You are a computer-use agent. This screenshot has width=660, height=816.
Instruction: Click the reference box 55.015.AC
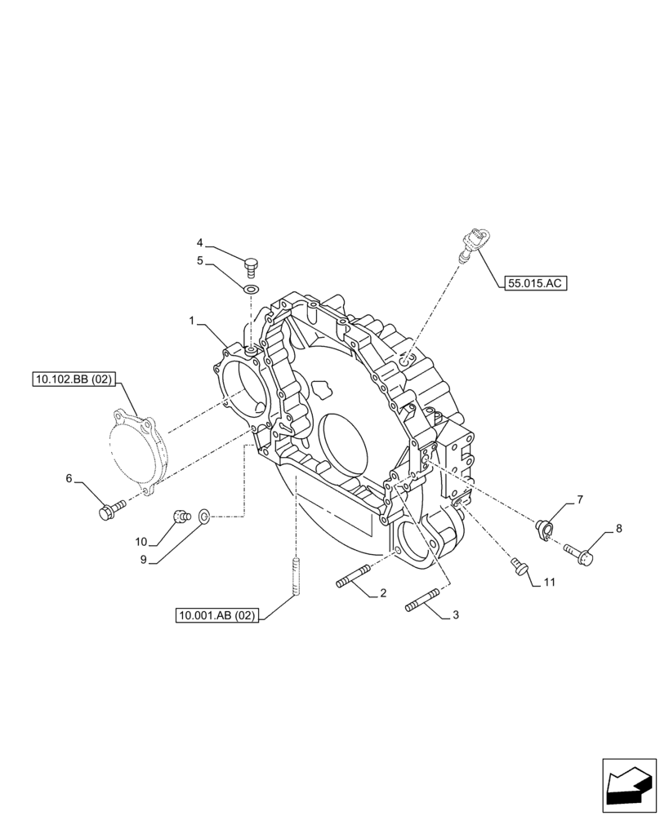click(535, 283)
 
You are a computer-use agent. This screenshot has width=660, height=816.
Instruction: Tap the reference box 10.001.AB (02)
click(216, 616)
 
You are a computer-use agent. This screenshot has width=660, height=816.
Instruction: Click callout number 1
click(192, 322)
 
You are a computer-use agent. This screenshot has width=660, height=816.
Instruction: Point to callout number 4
click(199, 242)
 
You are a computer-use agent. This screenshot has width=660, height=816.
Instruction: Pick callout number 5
click(199, 261)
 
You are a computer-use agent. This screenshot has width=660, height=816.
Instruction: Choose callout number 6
click(69, 478)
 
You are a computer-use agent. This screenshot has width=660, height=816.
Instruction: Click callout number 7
click(579, 499)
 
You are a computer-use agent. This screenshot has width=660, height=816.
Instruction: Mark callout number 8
click(618, 529)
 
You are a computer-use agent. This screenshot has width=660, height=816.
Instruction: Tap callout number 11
click(549, 582)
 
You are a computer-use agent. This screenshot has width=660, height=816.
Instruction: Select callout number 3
click(455, 614)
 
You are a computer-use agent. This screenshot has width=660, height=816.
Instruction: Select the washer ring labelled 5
click(251, 287)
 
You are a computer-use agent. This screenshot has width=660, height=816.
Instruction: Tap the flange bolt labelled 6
click(109, 511)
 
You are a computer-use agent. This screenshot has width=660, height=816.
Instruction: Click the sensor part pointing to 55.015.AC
click(471, 243)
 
